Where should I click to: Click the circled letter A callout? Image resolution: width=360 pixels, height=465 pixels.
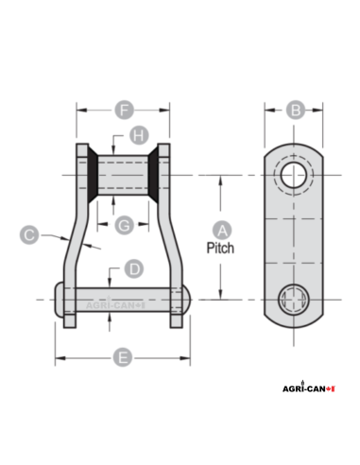coord(223,230)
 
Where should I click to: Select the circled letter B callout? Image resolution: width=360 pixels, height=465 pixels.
coord(296,110)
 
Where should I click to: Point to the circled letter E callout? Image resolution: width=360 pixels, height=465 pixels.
coord(123,358)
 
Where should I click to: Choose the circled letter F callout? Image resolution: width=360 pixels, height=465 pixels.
coord(123,110)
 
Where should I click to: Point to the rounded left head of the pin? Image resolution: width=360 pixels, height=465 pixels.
coord(60,301)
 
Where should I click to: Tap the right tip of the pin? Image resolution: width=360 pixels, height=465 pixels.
coord(192,301)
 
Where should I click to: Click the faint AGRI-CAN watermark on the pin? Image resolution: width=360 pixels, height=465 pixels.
coord(116,305)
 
